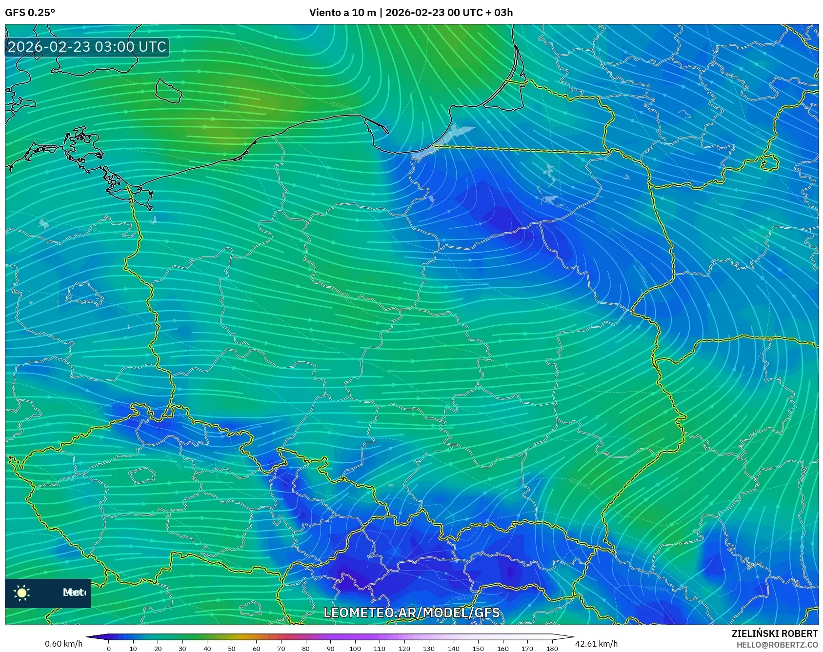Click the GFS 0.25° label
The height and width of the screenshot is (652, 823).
click(30, 13)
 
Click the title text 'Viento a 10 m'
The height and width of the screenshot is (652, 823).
click(342, 13)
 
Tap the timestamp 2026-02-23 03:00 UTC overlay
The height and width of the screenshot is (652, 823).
click(87, 47)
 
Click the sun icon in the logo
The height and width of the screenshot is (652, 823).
click(22, 593)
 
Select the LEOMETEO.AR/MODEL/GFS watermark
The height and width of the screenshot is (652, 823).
click(412, 612)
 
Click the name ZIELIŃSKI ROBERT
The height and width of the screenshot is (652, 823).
click(774, 633)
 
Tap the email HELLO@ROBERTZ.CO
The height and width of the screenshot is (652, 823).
click(777, 645)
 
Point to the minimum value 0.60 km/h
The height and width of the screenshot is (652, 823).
click(64, 644)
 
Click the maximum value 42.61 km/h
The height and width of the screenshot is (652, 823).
click(596, 644)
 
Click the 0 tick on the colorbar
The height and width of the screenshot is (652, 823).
click(109, 648)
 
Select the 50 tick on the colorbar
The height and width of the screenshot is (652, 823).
click(232, 648)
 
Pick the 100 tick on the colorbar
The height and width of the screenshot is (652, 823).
click(355, 648)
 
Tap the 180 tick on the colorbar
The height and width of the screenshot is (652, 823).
click(552, 648)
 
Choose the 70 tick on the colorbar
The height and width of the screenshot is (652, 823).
click(281, 648)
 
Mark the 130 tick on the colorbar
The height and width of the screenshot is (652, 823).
click(429, 648)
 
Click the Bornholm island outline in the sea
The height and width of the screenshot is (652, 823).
click(168, 91)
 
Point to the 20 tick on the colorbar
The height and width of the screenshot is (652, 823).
click(158, 648)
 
